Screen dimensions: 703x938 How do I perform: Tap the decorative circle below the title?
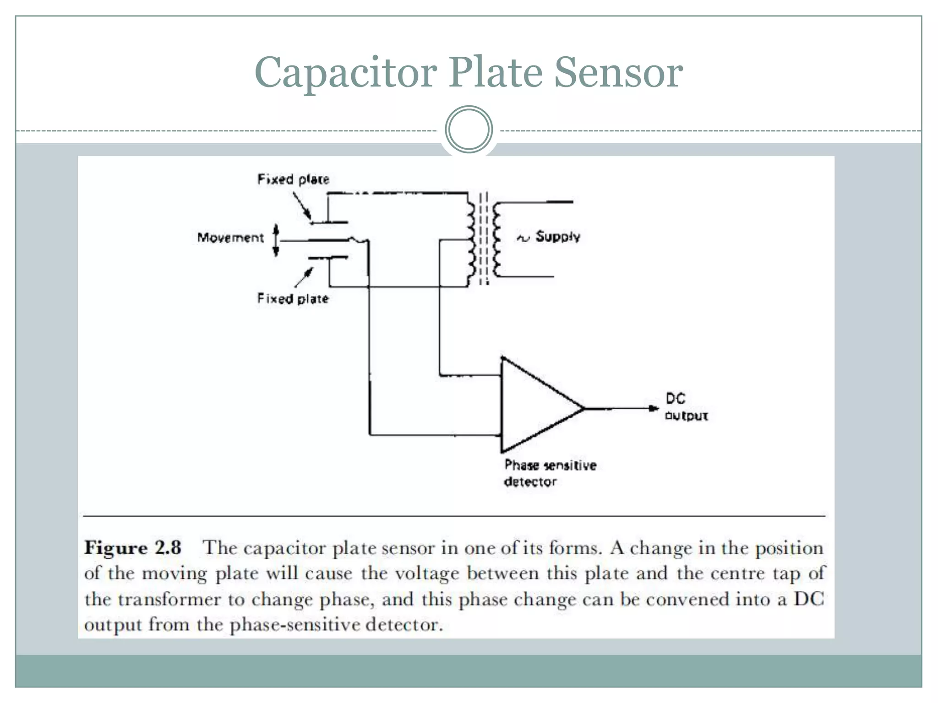point(469,130)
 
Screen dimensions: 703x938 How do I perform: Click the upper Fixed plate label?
point(293,179)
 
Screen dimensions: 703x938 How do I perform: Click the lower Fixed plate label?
point(293,299)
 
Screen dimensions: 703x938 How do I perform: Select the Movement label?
point(230,238)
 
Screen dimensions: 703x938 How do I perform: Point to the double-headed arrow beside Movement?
point(276,240)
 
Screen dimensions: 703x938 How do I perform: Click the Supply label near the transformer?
point(557,237)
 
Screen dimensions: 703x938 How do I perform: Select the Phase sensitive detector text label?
point(550,473)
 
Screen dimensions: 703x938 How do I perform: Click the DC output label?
point(686,407)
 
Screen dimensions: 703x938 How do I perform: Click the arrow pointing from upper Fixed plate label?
point(302,206)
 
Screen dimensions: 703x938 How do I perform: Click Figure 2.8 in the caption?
point(133,548)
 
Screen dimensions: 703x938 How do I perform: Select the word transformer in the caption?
point(169,600)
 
